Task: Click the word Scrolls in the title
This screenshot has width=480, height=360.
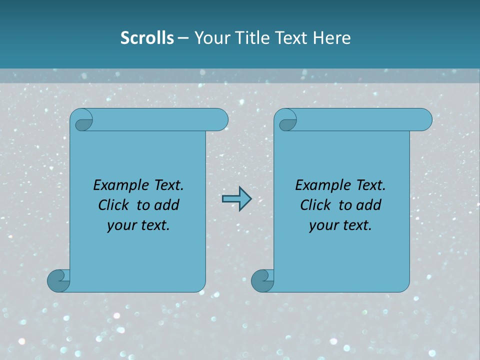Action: pyautogui.click(x=147, y=38)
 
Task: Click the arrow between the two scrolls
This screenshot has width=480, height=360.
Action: pyautogui.click(x=236, y=199)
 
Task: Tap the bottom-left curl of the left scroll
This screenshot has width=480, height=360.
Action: pyautogui.click(x=58, y=280)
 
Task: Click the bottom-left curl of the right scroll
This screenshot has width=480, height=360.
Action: pyautogui.click(x=262, y=280)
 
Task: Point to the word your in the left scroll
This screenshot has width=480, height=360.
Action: pyautogui.click(x=120, y=225)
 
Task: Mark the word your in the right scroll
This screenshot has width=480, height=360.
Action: pyautogui.click(x=322, y=225)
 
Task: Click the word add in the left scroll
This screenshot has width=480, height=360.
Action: pyautogui.click(x=166, y=205)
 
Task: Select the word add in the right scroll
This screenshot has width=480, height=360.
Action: pyautogui.click(x=368, y=205)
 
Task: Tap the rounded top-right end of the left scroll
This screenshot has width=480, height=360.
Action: pyautogui.click(x=220, y=120)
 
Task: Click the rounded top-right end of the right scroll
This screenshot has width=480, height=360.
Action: pyautogui.click(x=424, y=120)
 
